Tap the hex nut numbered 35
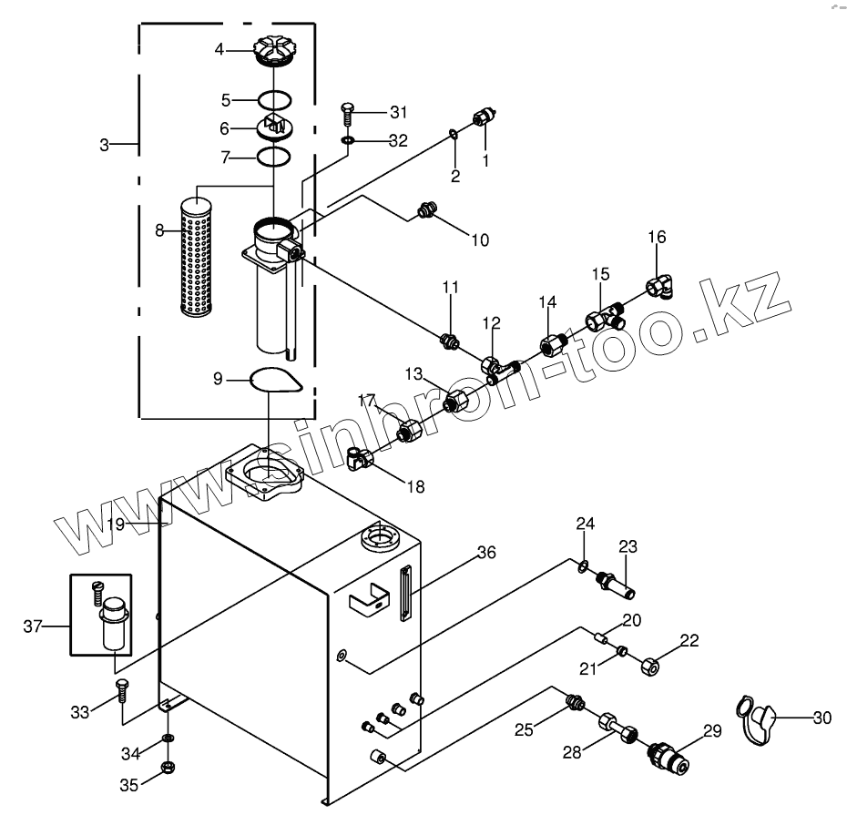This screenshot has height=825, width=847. [168, 768]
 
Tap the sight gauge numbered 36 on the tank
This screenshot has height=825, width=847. [405, 594]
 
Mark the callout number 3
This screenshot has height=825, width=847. [105, 145]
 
